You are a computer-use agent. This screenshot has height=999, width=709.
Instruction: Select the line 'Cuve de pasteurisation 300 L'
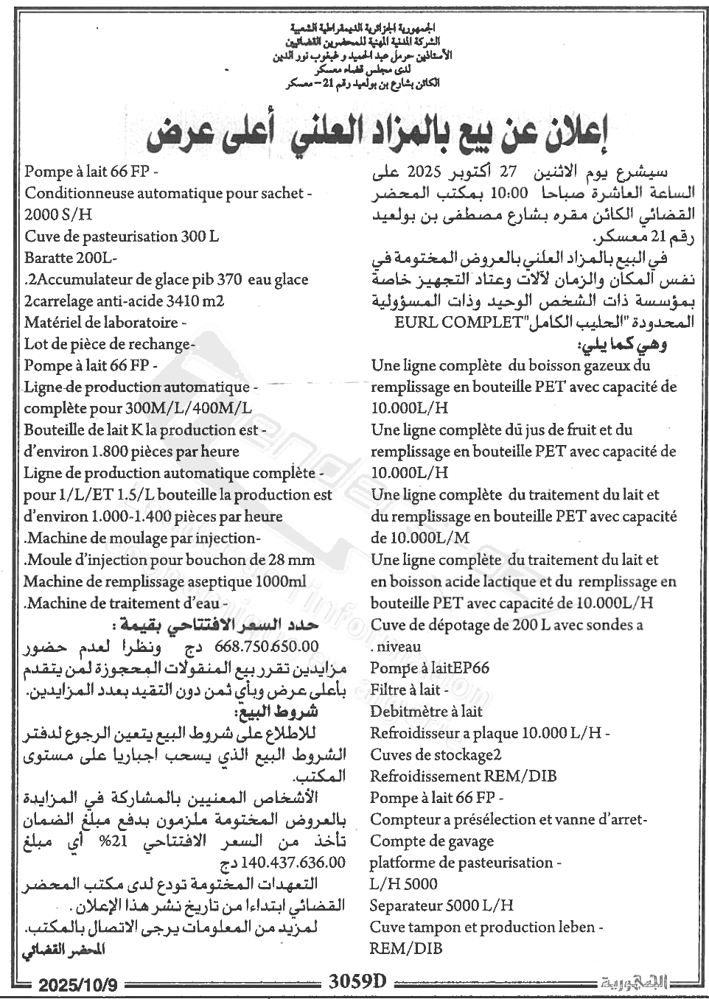coord(122,237)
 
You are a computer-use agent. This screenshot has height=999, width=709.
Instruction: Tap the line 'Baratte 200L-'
coord(71,259)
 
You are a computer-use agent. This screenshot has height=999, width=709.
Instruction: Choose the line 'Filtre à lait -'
coord(410,690)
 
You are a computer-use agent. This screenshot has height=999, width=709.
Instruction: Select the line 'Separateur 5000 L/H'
coord(441,905)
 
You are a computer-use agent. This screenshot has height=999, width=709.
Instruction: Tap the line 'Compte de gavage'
coord(432,841)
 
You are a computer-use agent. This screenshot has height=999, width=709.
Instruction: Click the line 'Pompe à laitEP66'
coord(430,668)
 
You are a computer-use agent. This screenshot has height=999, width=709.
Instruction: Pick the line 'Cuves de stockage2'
coord(436,754)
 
